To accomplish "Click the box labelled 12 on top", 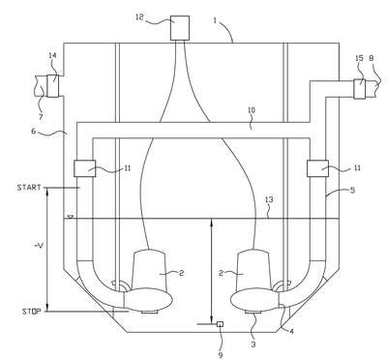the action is (180, 28).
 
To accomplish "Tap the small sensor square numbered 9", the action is (221, 324).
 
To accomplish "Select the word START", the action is (29, 188).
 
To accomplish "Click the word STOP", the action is (31, 312).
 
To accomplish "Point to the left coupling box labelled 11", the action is (85, 168).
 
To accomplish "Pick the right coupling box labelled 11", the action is (317, 168).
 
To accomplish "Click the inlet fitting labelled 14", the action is (53, 85).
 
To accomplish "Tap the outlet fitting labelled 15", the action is (360, 89).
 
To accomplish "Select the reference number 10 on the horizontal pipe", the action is (252, 110).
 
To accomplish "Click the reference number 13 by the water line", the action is (269, 199).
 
